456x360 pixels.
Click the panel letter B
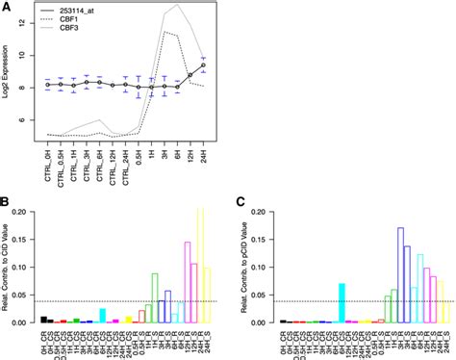click(x=7, y=202)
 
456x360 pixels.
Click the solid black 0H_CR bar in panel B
click(x=44, y=319)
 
